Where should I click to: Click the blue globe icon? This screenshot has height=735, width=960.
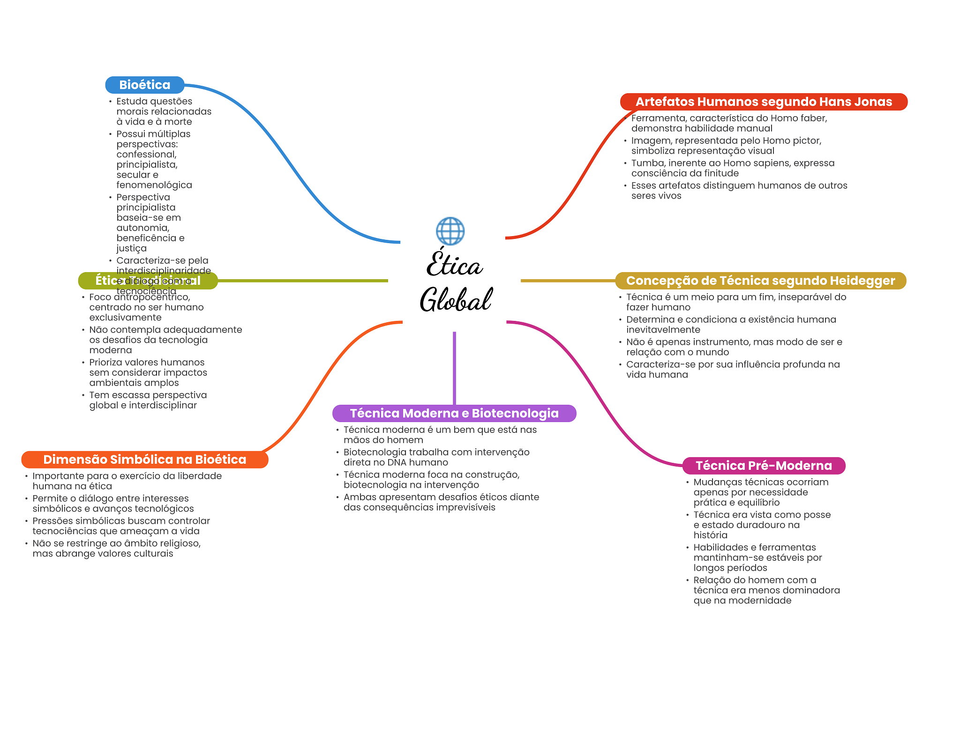[450, 231]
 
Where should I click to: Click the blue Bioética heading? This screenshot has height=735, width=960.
[144, 85]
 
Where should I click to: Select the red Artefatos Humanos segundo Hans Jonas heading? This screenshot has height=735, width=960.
[763, 102]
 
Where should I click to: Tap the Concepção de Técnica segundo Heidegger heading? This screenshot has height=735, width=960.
[760, 281]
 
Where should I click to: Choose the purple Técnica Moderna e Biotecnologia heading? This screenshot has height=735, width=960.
[454, 413]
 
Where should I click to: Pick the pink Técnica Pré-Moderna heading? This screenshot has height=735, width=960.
[763, 466]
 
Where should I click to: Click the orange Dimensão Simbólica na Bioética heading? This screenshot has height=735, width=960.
[144, 460]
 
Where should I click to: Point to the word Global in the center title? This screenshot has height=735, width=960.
[456, 300]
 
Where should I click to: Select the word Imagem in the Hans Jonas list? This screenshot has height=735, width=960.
[651, 141]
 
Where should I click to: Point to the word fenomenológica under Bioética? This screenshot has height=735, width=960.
[154, 185]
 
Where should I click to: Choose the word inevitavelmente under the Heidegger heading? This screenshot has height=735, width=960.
[663, 330]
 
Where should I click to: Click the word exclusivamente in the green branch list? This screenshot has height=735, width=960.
[125, 318]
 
